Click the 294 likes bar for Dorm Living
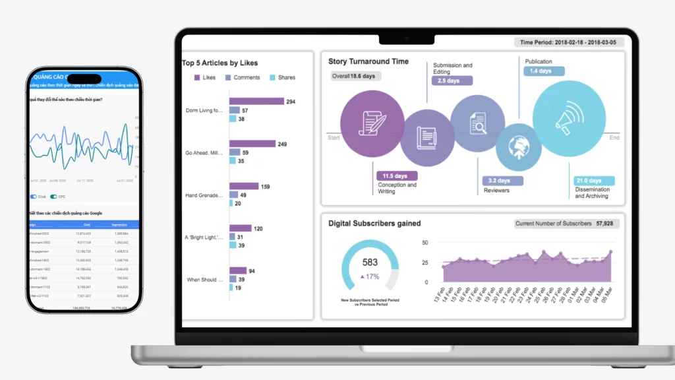256,102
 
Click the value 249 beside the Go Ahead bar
282,144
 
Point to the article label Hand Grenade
204,195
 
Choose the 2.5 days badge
452,81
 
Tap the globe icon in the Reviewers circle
517,147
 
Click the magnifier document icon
477,123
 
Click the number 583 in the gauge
370,263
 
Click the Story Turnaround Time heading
368,61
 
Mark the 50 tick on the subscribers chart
425,243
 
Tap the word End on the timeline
614,138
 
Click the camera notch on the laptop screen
407,38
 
